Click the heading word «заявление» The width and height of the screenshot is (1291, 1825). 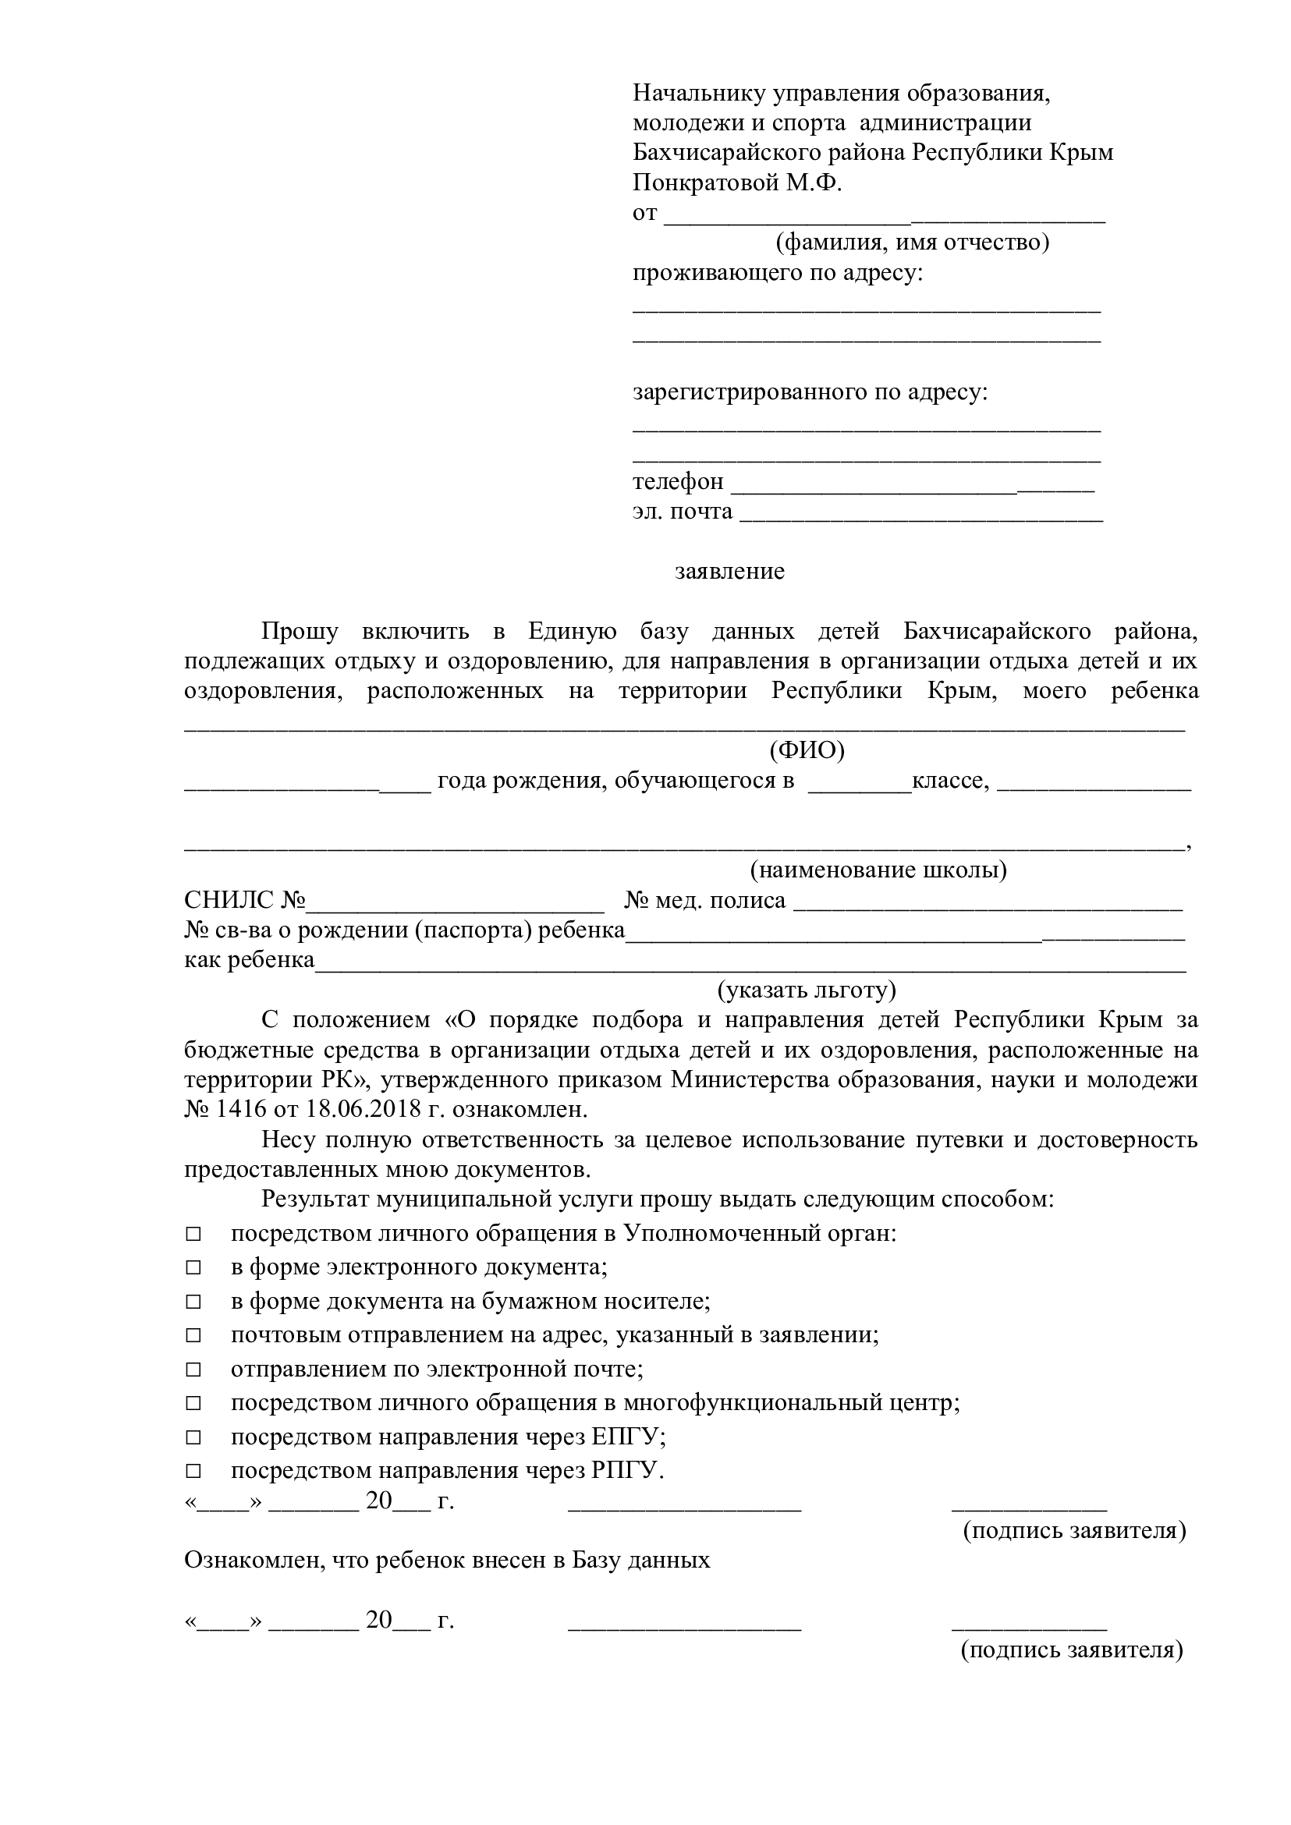(729, 572)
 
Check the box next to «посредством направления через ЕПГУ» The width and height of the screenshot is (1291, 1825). (193, 1437)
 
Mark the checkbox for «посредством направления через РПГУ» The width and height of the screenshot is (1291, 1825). (193, 1471)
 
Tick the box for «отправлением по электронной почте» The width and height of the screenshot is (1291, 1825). (193, 1370)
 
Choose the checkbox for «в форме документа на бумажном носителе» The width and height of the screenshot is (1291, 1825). (193, 1302)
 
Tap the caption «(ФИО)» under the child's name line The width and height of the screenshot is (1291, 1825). (806, 750)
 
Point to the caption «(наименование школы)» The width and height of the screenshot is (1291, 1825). (878, 870)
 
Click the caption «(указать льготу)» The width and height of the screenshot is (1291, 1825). (806, 990)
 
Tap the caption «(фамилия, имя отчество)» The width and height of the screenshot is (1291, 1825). (913, 242)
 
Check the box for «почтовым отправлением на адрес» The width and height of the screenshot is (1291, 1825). (193, 1335)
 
